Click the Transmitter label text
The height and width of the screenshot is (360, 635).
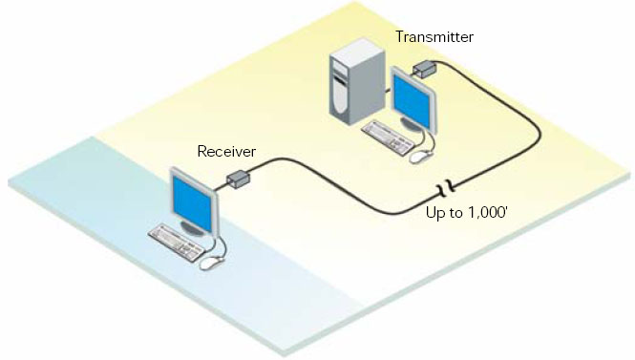434,37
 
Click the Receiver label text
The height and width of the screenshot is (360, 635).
225,151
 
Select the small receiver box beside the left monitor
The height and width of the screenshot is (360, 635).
238,179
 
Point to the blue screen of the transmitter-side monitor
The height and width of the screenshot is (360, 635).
413,103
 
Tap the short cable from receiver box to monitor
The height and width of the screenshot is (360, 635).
221,187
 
